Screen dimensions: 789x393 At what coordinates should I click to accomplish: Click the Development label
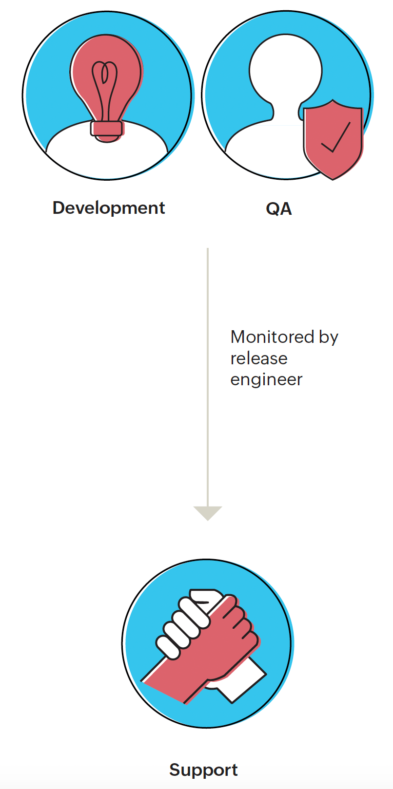pos(109,208)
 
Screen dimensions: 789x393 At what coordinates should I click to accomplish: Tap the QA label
pos(279,208)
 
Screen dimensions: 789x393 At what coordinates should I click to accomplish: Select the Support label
pos(203,770)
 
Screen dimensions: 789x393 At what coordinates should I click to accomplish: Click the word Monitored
pos(273,337)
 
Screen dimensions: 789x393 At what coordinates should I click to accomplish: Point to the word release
pos(259,358)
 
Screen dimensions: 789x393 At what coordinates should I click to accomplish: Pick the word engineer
pos(266,379)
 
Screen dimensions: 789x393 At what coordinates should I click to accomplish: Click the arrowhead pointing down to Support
pos(208,513)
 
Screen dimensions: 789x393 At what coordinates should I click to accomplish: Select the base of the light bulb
pos(106,129)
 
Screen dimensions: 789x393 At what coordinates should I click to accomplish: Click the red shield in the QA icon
pos(333,141)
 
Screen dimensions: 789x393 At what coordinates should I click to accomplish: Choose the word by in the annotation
pos(329,337)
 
